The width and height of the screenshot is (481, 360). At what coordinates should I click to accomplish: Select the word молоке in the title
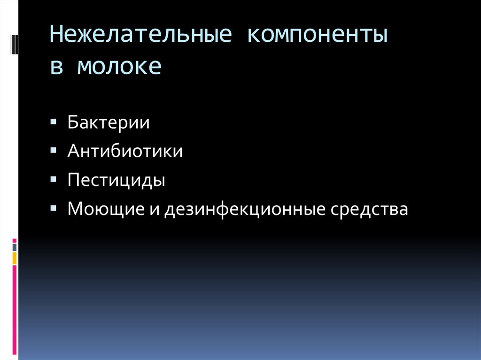click(119, 67)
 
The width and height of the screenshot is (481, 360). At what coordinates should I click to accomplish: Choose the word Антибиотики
click(125, 152)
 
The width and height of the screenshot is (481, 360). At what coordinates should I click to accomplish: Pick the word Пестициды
click(116, 181)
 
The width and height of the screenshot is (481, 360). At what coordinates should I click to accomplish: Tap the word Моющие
click(106, 209)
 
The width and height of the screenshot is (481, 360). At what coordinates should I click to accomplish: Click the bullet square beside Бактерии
click(54, 122)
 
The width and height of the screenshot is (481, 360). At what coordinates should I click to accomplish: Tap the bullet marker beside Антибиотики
click(54, 150)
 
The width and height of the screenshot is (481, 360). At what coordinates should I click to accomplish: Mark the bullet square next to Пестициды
click(54, 179)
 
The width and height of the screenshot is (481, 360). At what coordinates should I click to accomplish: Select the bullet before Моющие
click(54, 208)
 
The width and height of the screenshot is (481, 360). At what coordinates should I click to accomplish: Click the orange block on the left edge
click(15, 258)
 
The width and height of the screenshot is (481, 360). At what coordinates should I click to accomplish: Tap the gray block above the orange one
click(15, 247)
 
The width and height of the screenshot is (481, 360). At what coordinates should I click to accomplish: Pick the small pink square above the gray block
click(15, 240)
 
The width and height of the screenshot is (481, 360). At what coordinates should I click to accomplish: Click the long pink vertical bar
click(15, 310)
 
